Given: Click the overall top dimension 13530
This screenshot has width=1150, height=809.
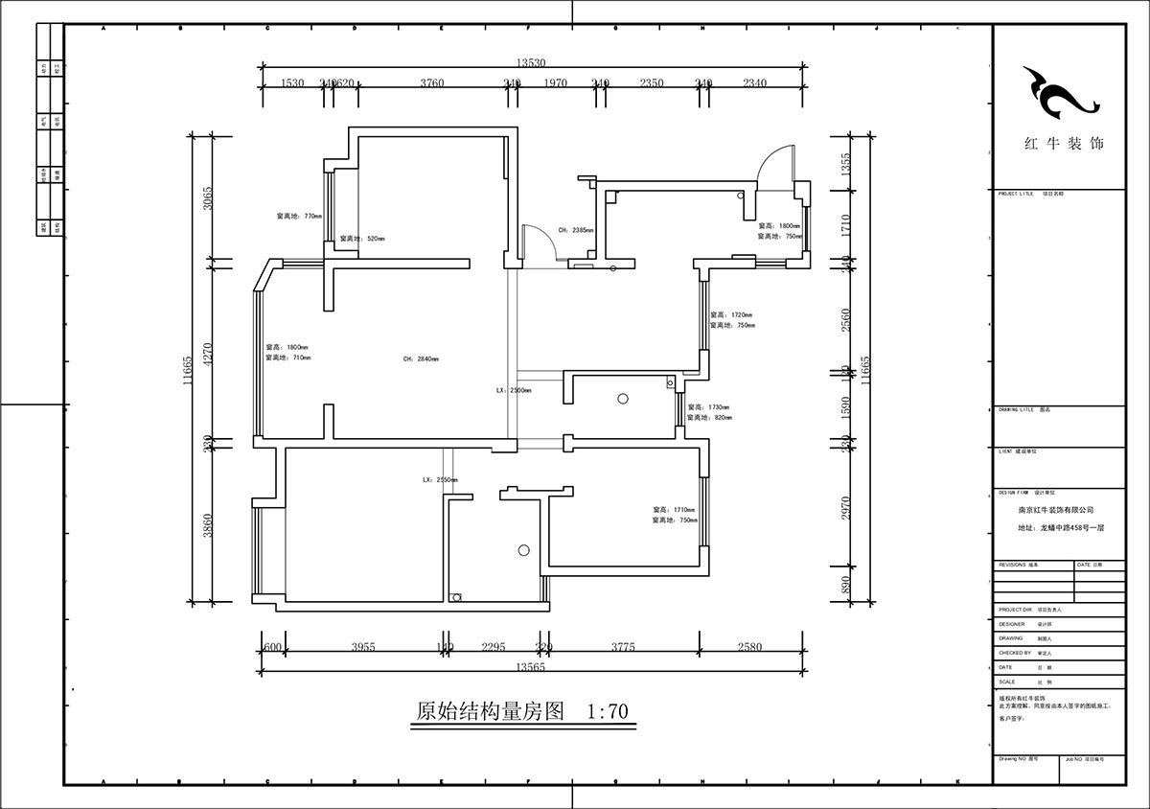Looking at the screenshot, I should (x=530, y=63).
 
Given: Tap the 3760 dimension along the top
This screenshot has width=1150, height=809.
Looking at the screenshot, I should (x=431, y=83).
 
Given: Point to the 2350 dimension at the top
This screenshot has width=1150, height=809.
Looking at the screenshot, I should (x=651, y=83).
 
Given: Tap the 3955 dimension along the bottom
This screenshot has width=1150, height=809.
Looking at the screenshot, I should (x=362, y=647).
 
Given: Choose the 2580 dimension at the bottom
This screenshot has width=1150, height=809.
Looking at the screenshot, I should (x=749, y=647).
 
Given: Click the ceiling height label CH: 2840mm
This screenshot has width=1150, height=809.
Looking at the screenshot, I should (x=422, y=359).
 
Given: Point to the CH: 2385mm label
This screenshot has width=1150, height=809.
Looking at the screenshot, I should (x=576, y=231).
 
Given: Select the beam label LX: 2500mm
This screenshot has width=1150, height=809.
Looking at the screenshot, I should (x=514, y=391).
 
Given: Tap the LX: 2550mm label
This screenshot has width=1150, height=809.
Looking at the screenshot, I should (x=439, y=479).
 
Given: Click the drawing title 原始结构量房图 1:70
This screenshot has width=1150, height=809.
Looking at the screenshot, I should (x=522, y=712).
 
